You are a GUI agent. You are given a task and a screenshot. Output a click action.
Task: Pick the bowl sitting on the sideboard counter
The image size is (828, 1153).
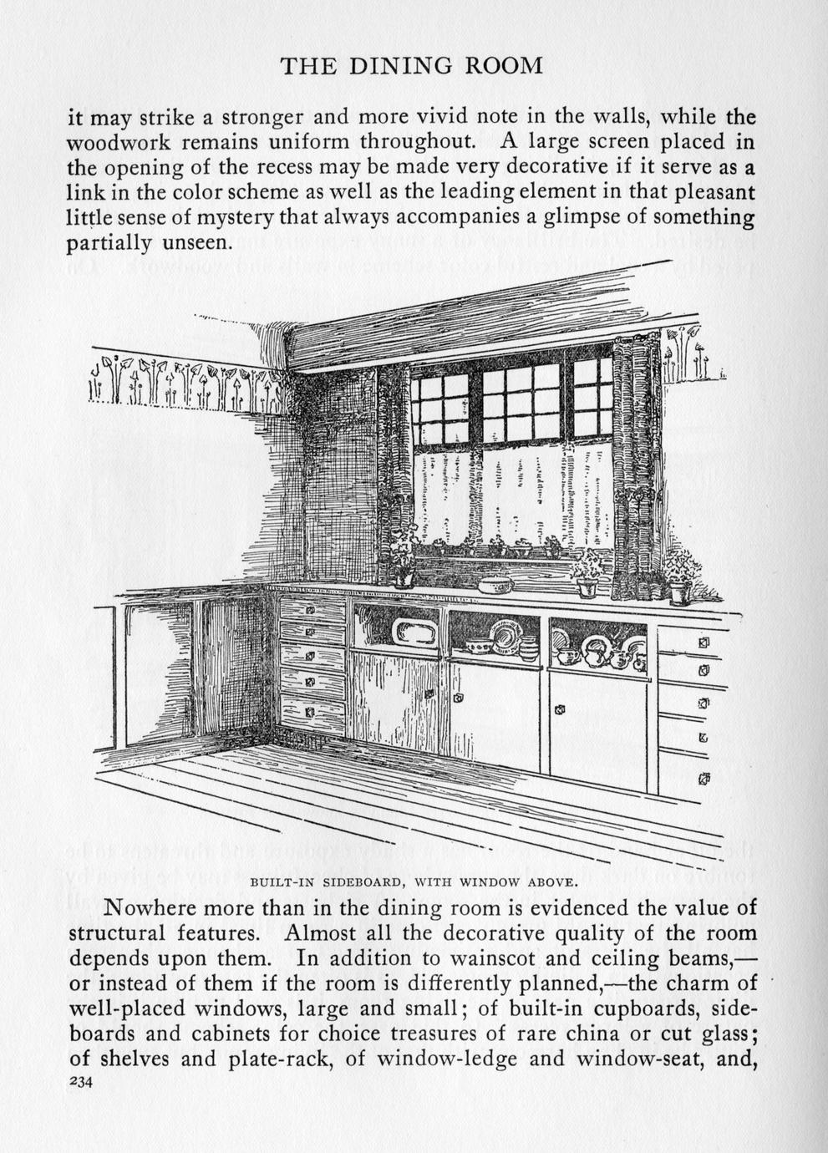495,582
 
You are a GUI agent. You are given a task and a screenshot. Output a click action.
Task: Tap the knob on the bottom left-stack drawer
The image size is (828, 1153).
309,713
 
